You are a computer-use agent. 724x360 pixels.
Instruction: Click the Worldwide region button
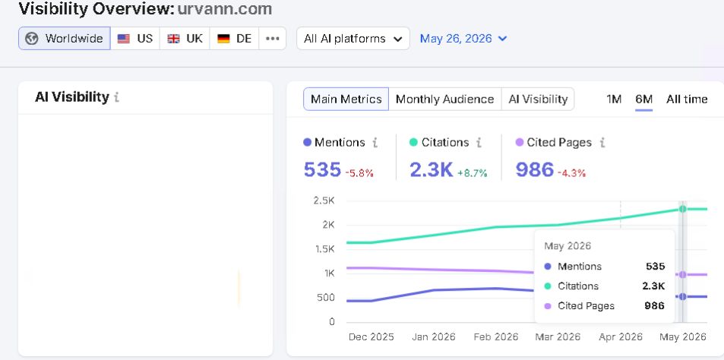pyautogui.click(x=64, y=38)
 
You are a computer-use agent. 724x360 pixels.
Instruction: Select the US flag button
pyautogui.click(x=134, y=38)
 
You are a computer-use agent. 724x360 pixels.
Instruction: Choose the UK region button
pyautogui.click(x=185, y=38)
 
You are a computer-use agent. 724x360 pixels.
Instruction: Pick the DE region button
pyautogui.click(x=234, y=38)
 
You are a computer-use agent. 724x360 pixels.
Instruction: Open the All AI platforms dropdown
pyautogui.click(x=353, y=38)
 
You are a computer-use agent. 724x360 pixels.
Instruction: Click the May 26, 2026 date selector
pyautogui.click(x=463, y=38)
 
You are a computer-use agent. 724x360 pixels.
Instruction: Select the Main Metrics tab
pyautogui.click(x=346, y=99)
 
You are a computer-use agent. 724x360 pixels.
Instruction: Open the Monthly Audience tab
pyautogui.click(x=444, y=99)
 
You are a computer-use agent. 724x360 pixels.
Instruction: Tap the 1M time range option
pyautogui.click(x=614, y=99)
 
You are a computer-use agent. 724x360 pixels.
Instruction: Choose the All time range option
pyautogui.click(x=687, y=99)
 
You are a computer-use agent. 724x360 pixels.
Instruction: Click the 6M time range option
pyautogui.click(x=643, y=99)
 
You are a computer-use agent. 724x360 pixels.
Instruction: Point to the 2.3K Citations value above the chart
pyautogui.click(x=432, y=170)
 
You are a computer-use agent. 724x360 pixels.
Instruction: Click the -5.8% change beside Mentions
pyautogui.click(x=359, y=173)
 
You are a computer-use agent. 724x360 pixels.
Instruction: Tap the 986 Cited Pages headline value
pyautogui.click(x=535, y=170)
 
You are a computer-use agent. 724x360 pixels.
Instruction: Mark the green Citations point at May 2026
pyautogui.click(x=682, y=209)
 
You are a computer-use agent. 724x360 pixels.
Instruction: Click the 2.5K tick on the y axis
pyautogui.click(x=324, y=201)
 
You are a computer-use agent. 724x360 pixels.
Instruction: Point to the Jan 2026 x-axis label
pyautogui.click(x=434, y=337)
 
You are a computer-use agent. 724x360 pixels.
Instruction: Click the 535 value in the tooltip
pyautogui.click(x=656, y=267)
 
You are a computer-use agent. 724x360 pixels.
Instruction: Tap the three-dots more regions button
pyautogui.click(x=273, y=38)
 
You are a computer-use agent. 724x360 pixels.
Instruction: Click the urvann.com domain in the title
pyautogui.click(x=225, y=8)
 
